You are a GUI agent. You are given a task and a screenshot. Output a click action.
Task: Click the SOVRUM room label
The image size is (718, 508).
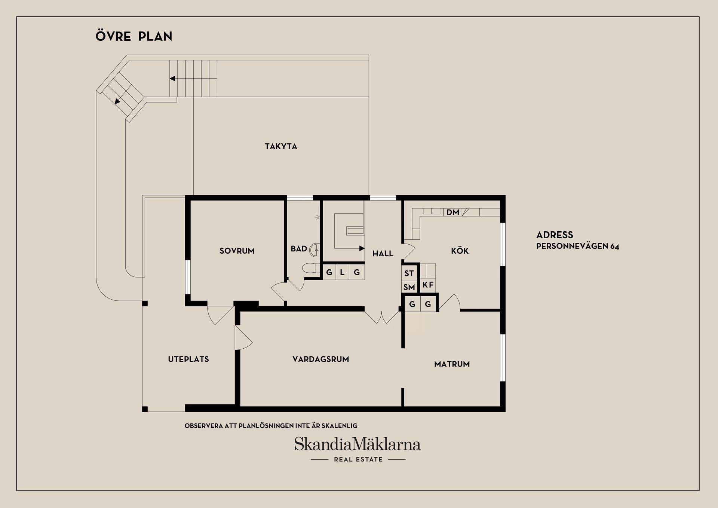pyautogui.click(x=237, y=251)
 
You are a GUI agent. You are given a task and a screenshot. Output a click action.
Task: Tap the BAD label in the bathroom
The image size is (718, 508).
pyautogui.click(x=299, y=249)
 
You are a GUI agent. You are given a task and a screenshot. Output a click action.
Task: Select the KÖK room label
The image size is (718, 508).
pyautogui.click(x=460, y=251)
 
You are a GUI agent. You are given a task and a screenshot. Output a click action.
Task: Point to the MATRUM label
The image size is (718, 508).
pyautogui.click(x=452, y=364)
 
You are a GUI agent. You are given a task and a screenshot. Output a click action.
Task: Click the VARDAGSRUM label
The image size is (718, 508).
pyautogui.click(x=321, y=359)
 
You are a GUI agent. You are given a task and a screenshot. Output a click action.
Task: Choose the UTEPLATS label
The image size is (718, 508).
pyautogui.click(x=188, y=359)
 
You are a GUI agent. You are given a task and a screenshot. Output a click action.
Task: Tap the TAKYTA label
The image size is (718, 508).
pyautogui.click(x=281, y=146)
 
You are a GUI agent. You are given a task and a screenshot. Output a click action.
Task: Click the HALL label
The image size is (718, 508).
pyautogui.click(x=383, y=254)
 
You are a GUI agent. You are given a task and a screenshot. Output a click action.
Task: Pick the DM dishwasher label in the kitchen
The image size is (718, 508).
pyautogui.click(x=453, y=212)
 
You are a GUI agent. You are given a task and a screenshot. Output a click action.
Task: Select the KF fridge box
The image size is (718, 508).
pyautogui.click(x=428, y=285)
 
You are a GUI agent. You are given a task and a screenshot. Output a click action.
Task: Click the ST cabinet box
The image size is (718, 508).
pyautogui.click(x=409, y=273)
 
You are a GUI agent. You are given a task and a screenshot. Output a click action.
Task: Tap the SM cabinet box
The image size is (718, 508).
pyautogui.click(x=409, y=287)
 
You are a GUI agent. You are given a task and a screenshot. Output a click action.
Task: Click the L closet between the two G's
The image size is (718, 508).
pyautogui.click(x=342, y=272)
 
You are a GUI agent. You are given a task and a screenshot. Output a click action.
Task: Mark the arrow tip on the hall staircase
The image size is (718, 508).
pyautogui.click(x=364, y=248)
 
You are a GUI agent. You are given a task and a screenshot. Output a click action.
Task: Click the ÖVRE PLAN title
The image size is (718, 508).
pyautogui.click(x=134, y=36)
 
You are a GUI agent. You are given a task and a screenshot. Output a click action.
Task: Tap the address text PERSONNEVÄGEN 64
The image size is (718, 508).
pyautogui.click(x=577, y=247)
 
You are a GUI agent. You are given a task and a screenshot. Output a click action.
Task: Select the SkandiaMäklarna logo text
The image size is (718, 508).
pyautogui.click(x=358, y=444)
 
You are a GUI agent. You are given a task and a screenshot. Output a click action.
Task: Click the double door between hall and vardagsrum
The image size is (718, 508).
pyautogui.click(x=382, y=317)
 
